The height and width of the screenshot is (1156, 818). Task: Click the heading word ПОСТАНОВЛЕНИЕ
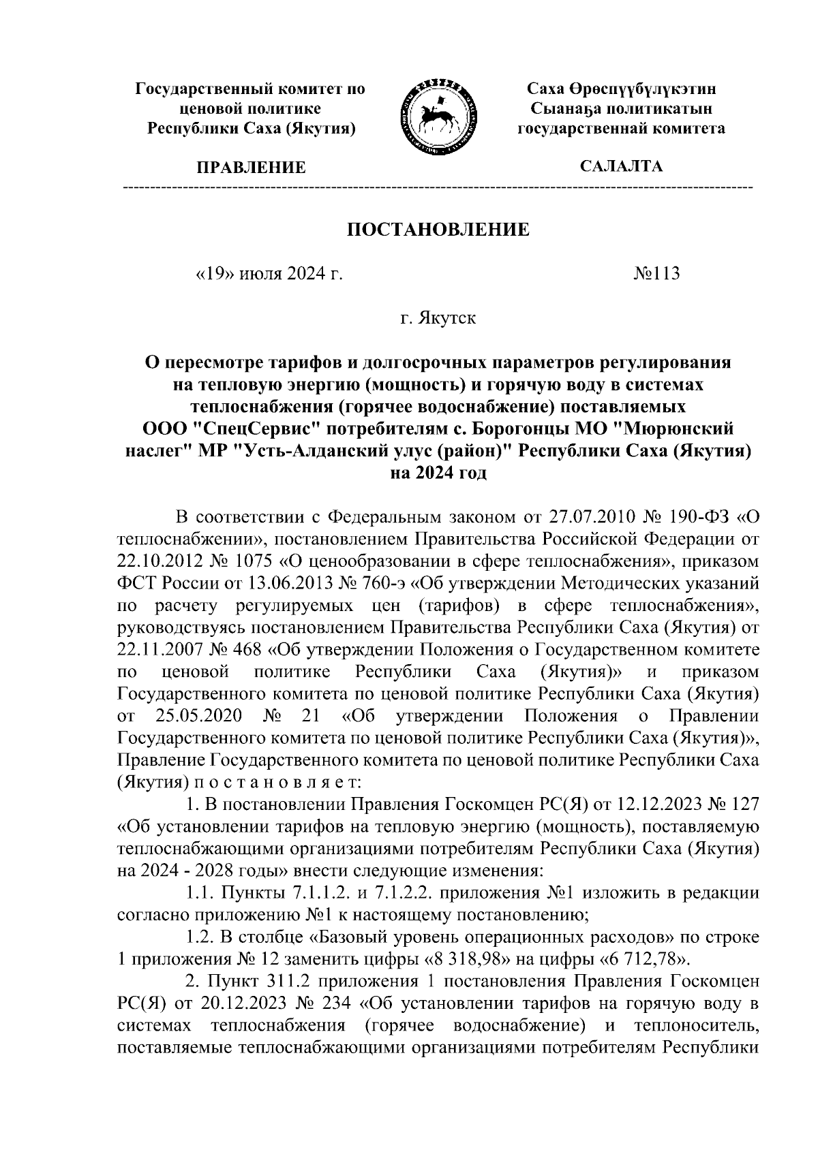pos(438,229)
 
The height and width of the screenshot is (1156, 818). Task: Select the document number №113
pos(656,274)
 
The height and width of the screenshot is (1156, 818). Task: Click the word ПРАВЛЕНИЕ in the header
pos(252,168)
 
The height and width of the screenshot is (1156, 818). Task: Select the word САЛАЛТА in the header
pos(621,166)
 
